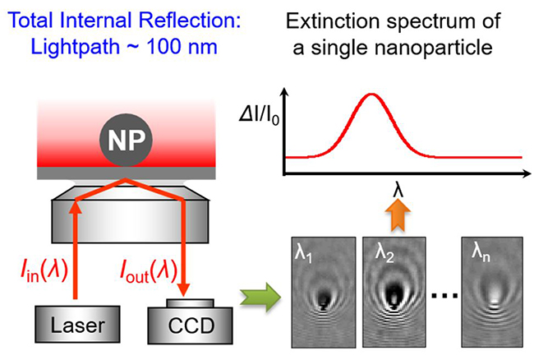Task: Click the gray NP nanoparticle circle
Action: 126,140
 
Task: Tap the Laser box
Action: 78,324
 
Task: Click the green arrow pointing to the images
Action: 260,298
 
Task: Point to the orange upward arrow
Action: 398,215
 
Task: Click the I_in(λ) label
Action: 44,271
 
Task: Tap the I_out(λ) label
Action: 149,271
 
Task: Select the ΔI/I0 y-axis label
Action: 259,116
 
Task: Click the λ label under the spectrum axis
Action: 398,190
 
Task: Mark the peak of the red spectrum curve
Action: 371,95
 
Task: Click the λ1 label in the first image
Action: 303,255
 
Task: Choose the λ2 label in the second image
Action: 384,254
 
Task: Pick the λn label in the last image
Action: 481,253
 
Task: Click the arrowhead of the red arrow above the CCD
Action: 184,288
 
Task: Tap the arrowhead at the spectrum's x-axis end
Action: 525,173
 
